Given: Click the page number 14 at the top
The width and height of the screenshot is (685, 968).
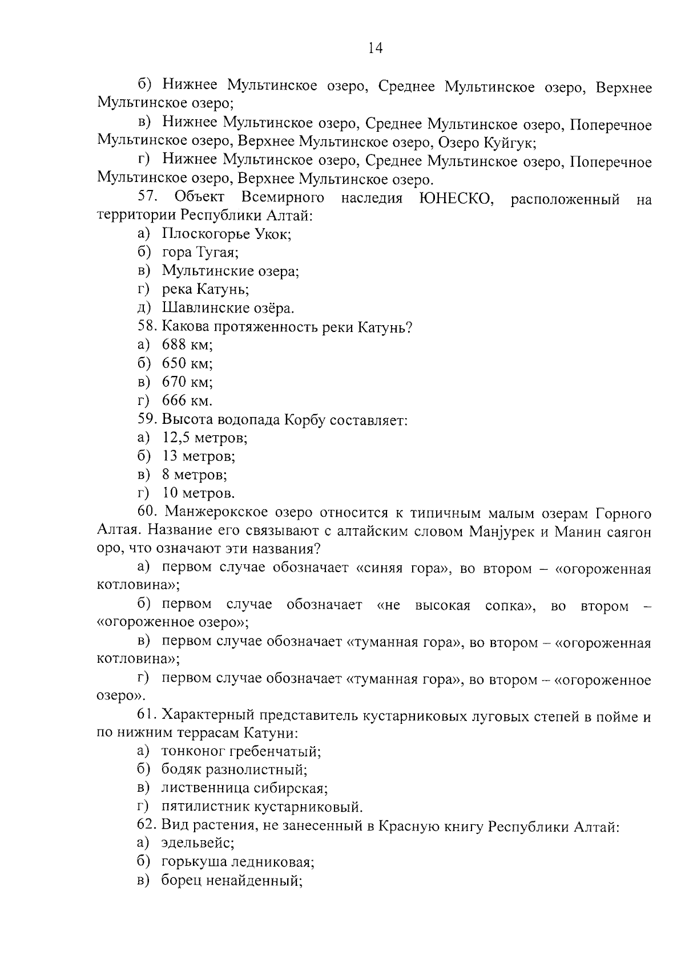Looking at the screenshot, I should click(375, 48).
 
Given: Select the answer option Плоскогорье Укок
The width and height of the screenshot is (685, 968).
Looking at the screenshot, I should click(227, 234).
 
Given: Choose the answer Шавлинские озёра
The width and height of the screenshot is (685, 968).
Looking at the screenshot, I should click(228, 309).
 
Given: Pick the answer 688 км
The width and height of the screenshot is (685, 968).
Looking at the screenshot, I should click(187, 345).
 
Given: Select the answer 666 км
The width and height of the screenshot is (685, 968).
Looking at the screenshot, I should click(187, 400).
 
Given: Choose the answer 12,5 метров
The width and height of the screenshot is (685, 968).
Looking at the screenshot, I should click(204, 438).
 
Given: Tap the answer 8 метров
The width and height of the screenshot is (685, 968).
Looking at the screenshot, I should click(195, 475).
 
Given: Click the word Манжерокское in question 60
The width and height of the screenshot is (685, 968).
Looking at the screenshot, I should click(220, 513).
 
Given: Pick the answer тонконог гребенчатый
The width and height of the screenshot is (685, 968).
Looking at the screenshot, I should click(241, 751).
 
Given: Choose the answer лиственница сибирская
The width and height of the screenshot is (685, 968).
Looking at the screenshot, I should click(244, 788).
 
